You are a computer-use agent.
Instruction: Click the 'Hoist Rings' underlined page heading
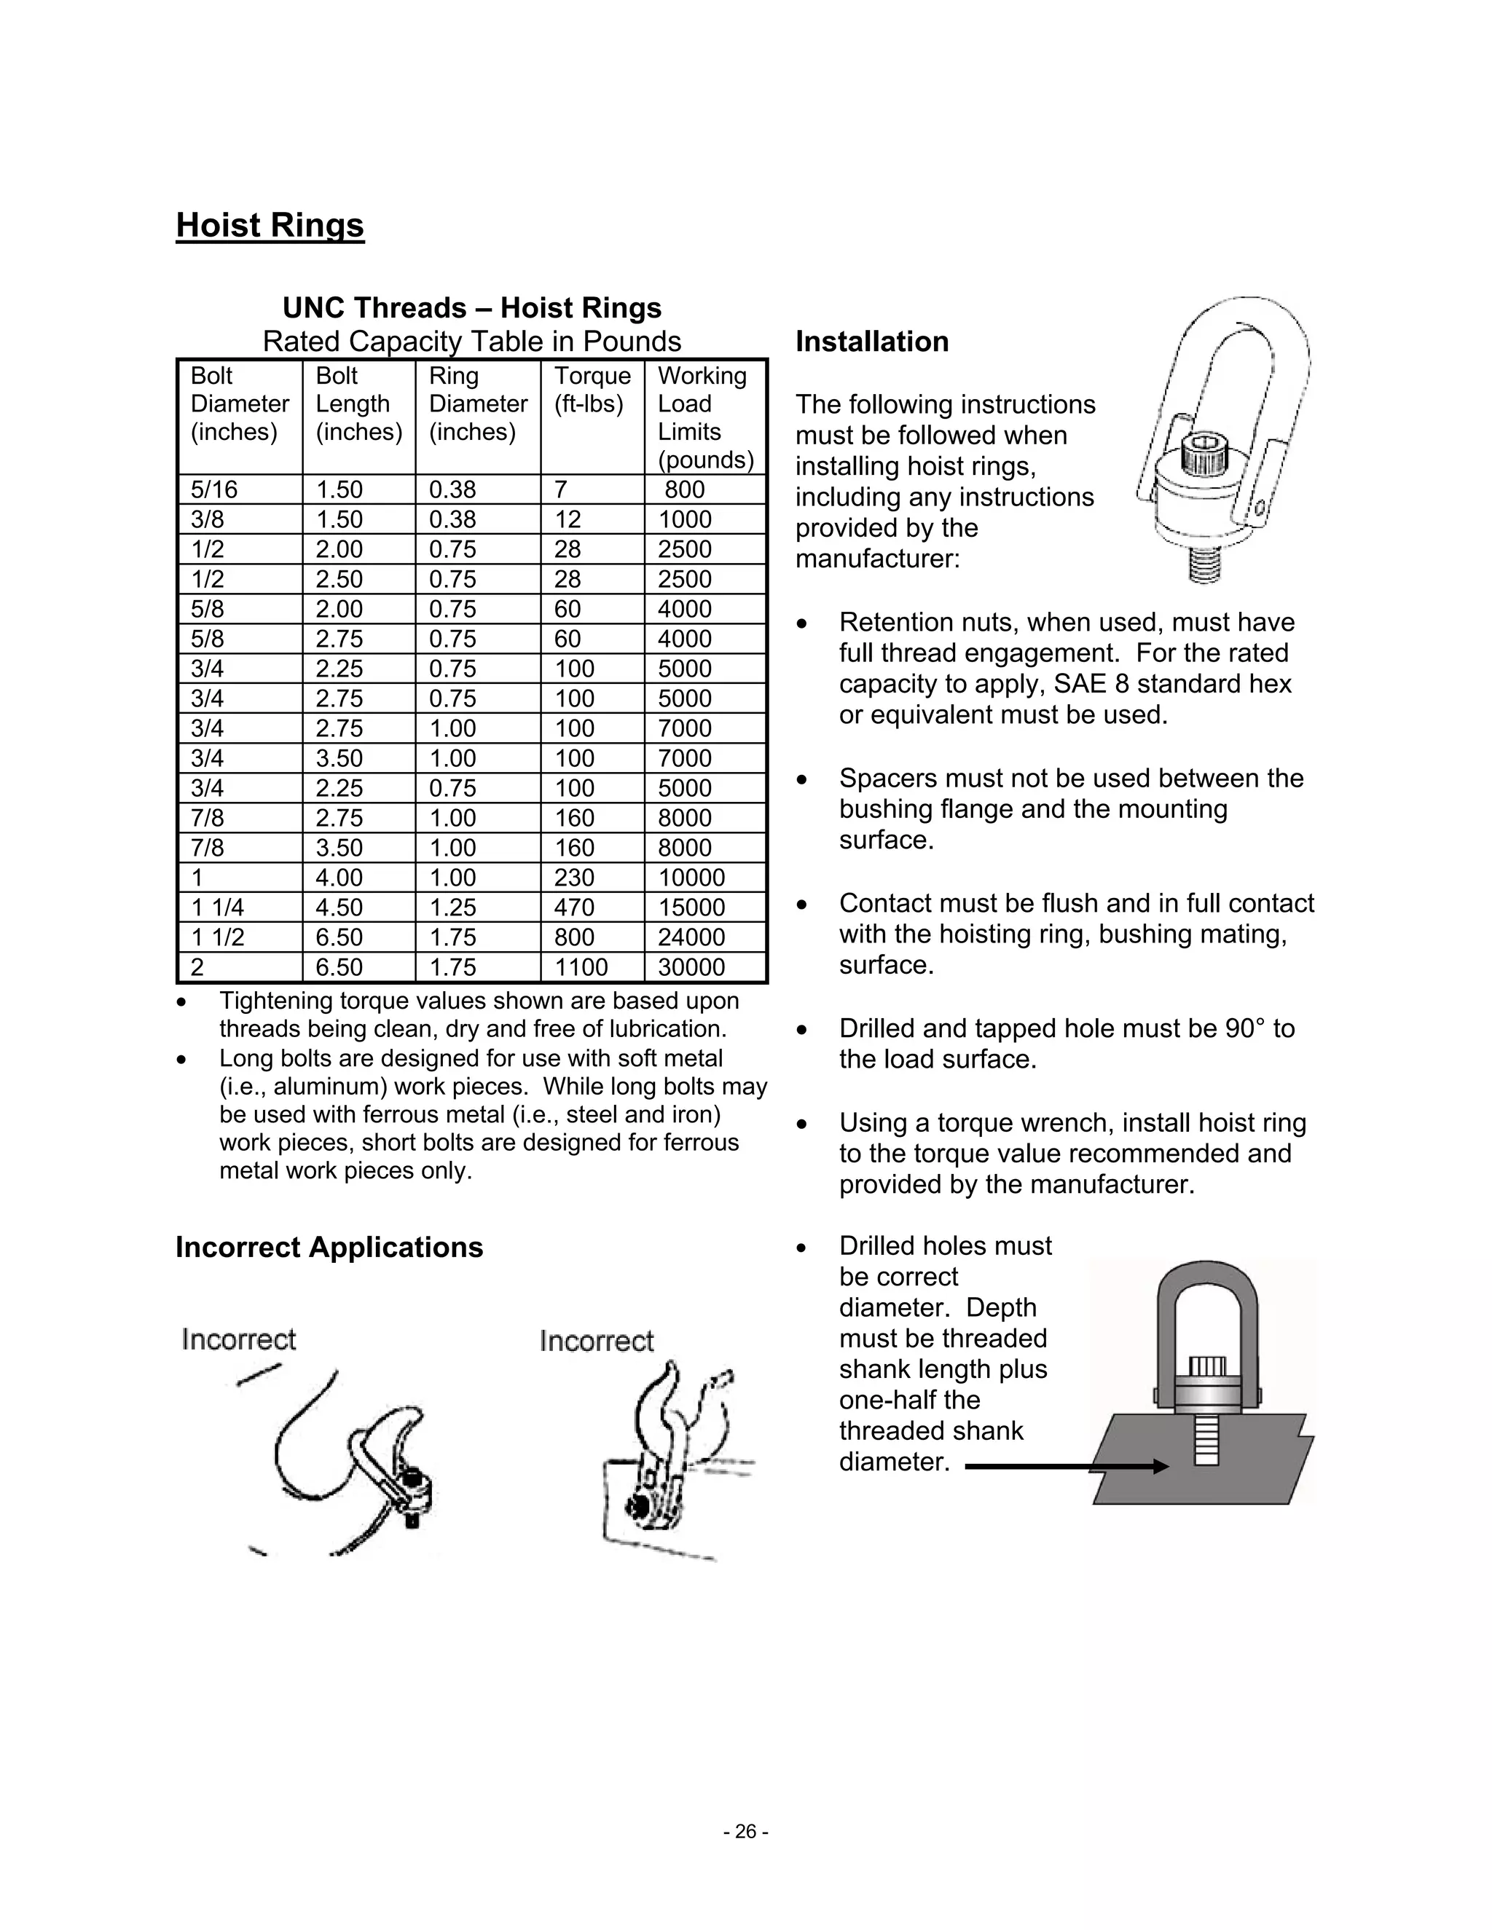[270, 225]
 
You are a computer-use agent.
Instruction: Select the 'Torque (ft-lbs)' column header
[592, 390]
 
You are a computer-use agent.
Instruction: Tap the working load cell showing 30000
[691, 966]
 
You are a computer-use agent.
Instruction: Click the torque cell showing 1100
[581, 966]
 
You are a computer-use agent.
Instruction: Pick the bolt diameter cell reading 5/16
[214, 489]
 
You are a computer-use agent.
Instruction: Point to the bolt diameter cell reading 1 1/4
[217, 907]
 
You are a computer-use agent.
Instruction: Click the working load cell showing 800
[684, 489]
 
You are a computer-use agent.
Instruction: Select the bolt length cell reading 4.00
[339, 878]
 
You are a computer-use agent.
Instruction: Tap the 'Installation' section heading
[871, 342]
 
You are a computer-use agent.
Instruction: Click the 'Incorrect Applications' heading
[329, 1247]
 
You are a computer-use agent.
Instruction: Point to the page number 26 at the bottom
[745, 1832]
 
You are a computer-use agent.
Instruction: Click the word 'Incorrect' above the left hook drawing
[239, 1339]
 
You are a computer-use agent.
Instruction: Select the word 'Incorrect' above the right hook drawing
[597, 1342]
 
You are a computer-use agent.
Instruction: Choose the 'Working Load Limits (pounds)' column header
[704, 418]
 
